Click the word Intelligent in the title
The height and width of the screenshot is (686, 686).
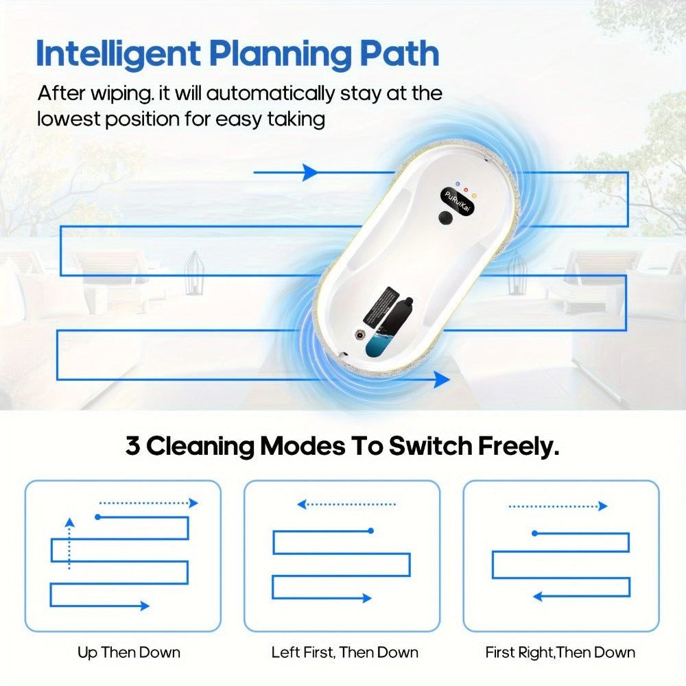pos(118,54)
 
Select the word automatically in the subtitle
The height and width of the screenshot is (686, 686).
pos(270,93)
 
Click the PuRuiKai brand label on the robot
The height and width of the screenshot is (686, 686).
pos(457,202)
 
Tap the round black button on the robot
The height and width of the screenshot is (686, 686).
pos(445,217)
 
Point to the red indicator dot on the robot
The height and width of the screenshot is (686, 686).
pos(466,190)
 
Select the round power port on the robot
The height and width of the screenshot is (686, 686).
pos(359,335)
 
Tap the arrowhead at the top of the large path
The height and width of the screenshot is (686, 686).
pos(311,172)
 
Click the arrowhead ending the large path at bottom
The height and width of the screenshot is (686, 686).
pos(441,379)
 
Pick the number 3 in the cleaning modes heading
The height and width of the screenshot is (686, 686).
pos(132,446)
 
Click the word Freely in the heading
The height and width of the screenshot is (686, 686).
pos(518,447)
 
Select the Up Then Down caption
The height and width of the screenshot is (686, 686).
pos(129,652)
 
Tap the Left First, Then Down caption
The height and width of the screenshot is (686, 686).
pos(345,652)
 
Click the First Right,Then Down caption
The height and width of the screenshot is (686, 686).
pos(560,652)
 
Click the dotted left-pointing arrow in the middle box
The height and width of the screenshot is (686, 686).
pos(346,504)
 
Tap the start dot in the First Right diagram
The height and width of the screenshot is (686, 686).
pos(534,533)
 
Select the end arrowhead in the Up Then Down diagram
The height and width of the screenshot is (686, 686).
pos(145,606)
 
